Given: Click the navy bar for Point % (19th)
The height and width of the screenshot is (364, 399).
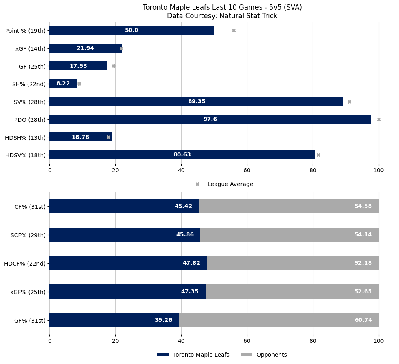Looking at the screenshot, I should point(132,30).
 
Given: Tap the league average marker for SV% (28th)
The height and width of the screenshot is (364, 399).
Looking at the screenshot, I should point(349,102).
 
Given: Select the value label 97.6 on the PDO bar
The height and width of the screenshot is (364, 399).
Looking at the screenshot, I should point(210,119).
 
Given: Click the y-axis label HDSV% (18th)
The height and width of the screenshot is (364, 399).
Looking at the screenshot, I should point(25,155).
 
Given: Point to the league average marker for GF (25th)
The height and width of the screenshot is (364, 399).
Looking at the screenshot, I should point(114,66).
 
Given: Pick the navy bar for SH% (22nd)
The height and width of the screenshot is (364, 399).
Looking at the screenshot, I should point(63,84).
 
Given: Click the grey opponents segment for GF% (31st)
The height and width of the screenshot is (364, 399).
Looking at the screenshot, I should point(279,320).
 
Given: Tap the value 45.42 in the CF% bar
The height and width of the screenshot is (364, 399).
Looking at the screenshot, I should point(183,206).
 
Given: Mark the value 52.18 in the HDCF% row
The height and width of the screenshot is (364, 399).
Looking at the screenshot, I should point(363,263).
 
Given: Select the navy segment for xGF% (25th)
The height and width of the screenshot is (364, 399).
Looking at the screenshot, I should point(127,291).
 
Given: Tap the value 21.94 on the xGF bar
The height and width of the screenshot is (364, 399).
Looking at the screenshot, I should point(85,48).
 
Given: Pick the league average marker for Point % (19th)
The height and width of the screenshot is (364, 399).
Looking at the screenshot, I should point(234,30).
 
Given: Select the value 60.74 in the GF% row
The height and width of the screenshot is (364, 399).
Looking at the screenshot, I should point(363,320).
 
